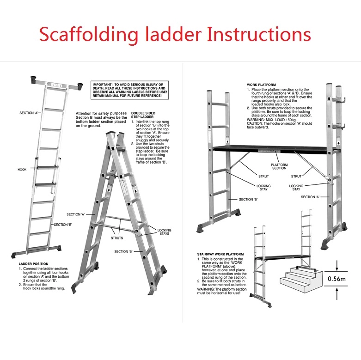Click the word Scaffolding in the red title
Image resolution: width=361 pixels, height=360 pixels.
pos(90,35)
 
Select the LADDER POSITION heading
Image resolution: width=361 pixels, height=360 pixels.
pos(34,264)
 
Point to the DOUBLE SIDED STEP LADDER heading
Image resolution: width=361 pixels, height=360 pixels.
pos(143,115)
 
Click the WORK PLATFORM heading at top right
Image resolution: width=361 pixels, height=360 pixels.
pos(261,85)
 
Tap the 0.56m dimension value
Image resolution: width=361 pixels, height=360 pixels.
pos(337,279)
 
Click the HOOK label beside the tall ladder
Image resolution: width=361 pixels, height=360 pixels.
pos(23,170)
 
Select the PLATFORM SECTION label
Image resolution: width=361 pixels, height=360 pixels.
pos(279,166)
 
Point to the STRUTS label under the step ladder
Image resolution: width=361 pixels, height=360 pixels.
pos(117,238)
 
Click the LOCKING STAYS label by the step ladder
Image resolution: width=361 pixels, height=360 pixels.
pos(164,232)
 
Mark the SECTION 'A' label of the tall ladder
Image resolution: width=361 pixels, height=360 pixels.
pos(29,113)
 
